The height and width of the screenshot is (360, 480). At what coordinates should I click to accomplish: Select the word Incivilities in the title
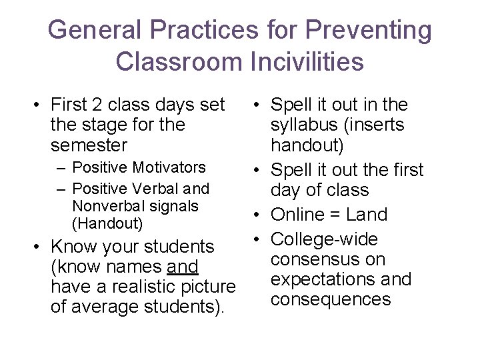307,62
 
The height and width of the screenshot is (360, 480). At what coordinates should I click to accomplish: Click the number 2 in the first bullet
97,105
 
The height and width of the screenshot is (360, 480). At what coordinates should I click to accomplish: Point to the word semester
89,145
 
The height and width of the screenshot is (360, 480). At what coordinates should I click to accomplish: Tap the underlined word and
183,267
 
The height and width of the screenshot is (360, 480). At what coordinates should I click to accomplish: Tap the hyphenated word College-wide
324,239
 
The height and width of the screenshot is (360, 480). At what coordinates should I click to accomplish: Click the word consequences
330,299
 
